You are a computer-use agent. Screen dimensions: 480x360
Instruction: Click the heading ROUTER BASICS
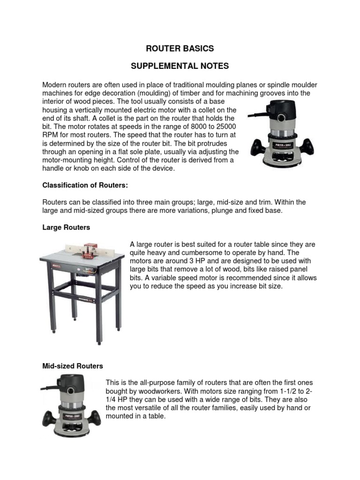(x=180, y=48)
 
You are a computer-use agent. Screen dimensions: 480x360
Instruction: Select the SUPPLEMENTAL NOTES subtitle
(x=180, y=66)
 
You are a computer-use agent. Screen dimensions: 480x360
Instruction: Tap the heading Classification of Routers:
(x=85, y=186)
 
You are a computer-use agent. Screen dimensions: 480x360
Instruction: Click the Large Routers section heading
(x=66, y=227)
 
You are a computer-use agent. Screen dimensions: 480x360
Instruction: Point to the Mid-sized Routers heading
(x=73, y=366)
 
